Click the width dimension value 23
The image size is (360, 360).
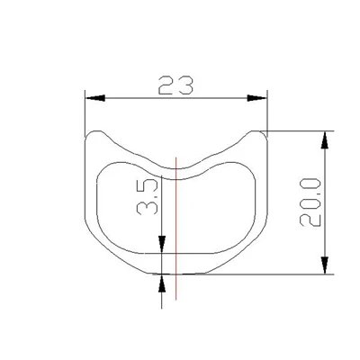tap(175, 85)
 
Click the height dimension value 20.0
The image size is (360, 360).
tap(310, 202)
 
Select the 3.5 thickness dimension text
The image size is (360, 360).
tap(147, 197)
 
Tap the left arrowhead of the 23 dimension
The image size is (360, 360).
tap(95, 98)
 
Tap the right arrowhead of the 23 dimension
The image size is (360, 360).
tap(256, 98)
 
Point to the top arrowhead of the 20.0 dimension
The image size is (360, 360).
tap(324, 140)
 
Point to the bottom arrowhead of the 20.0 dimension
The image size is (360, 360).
tap(324, 265)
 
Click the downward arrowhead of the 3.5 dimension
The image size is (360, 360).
tap(162, 244)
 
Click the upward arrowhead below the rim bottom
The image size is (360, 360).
tap(162, 283)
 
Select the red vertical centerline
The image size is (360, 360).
tap(176, 228)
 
